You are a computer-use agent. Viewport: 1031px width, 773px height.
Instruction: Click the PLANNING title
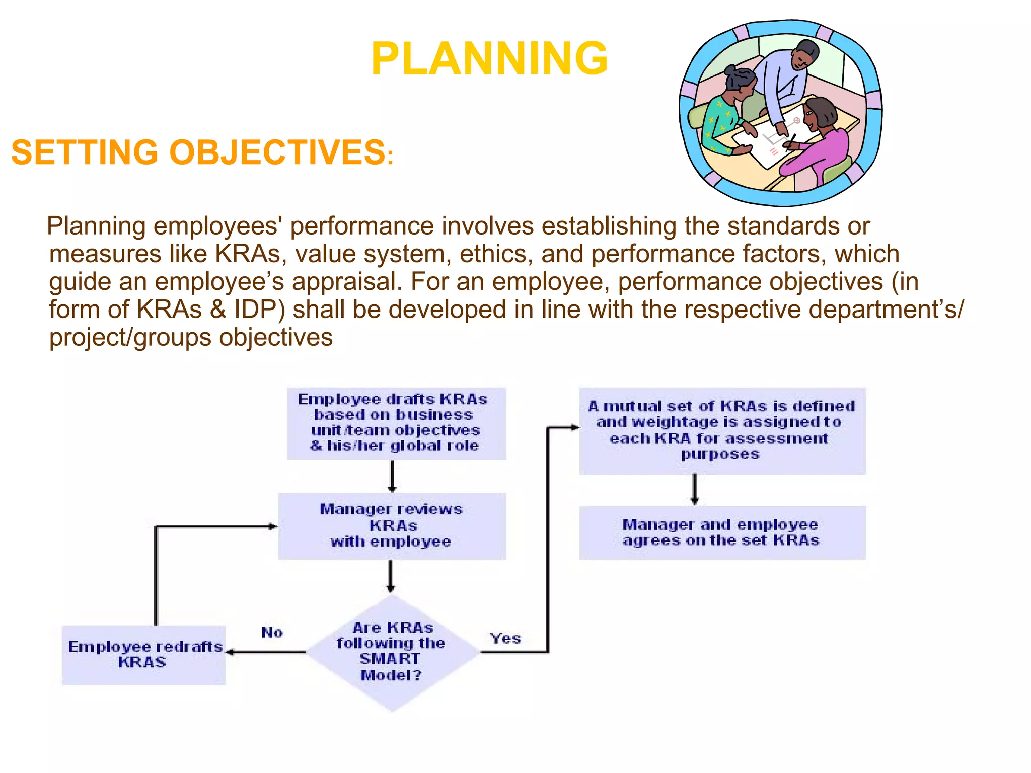(x=489, y=59)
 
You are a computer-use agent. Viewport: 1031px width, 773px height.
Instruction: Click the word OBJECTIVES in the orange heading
(x=277, y=152)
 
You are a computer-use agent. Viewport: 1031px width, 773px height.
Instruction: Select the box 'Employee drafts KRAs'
(x=396, y=423)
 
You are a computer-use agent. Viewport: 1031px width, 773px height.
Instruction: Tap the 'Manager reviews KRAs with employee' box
(x=392, y=526)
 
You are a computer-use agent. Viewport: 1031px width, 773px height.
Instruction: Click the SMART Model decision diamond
(x=392, y=652)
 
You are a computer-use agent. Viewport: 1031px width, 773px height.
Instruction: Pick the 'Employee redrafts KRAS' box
(x=143, y=655)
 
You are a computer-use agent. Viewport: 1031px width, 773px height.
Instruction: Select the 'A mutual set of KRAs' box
(x=722, y=430)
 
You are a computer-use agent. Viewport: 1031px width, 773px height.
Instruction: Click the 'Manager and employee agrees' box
(x=722, y=532)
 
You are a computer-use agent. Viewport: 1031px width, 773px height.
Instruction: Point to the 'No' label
(x=272, y=632)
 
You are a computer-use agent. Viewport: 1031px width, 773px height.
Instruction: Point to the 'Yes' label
(x=505, y=638)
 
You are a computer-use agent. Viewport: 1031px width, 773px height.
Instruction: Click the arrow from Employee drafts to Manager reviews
(x=392, y=476)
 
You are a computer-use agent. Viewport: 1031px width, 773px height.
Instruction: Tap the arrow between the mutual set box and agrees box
(x=695, y=489)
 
